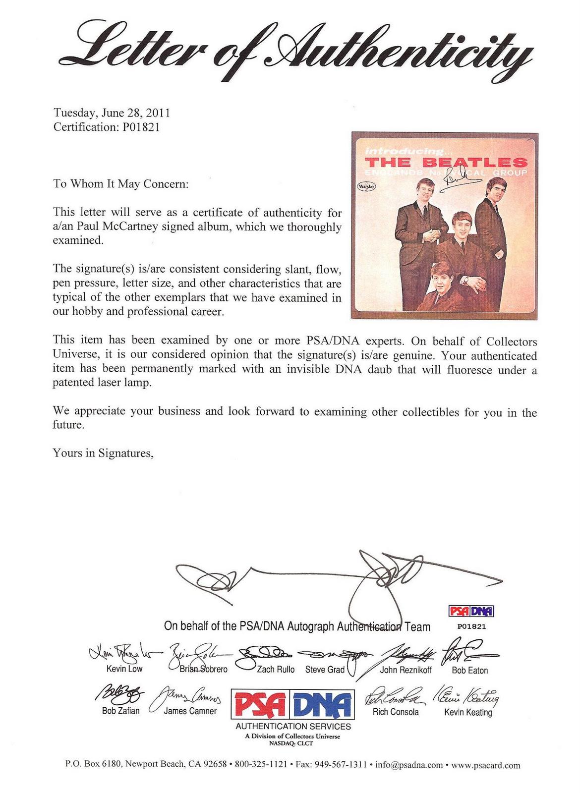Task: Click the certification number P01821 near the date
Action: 139,127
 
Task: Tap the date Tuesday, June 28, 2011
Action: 112,113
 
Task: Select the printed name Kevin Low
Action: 124,669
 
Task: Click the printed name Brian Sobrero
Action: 203,669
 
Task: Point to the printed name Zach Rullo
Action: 276,669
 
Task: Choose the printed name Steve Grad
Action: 325,670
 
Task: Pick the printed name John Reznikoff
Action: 406,670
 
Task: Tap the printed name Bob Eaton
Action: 470,671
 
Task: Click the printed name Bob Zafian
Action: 121,711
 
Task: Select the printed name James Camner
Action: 190,711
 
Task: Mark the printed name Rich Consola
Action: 396,712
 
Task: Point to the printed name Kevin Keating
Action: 468,712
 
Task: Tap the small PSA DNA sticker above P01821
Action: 471,611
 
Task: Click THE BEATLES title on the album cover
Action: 446,162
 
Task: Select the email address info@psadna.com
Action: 409,765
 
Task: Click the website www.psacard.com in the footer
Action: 486,765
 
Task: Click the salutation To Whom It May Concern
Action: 121,184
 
